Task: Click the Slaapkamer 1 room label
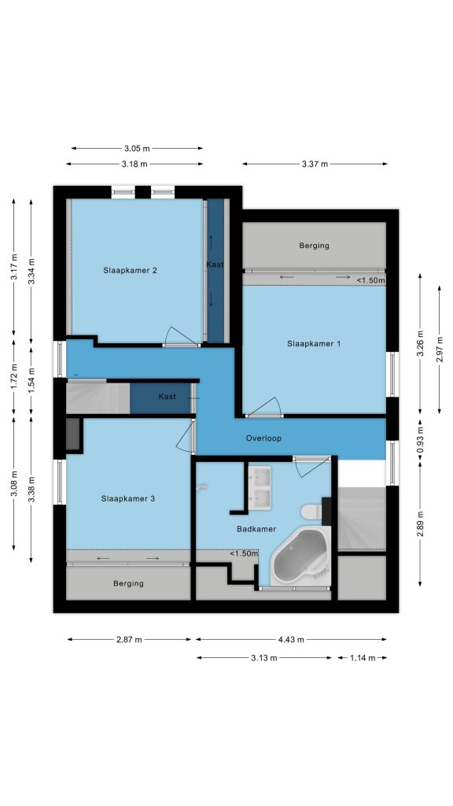tap(313, 344)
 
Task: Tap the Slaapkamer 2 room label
tap(130, 271)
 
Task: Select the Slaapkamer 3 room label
tap(128, 498)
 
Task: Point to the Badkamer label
tap(256, 529)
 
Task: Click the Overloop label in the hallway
tap(263, 438)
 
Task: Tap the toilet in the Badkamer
tap(311, 512)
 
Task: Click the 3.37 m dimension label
tap(315, 165)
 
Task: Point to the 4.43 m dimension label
tap(291, 640)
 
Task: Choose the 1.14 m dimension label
tap(363, 658)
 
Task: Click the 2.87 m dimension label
tap(129, 640)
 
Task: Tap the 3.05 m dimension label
tap(137, 149)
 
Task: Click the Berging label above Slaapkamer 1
tap(315, 246)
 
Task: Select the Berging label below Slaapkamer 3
tap(128, 583)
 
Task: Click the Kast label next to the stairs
tap(167, 397)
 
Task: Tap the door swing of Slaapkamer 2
tap(180, 335)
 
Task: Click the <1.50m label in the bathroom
tap(244, 554)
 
